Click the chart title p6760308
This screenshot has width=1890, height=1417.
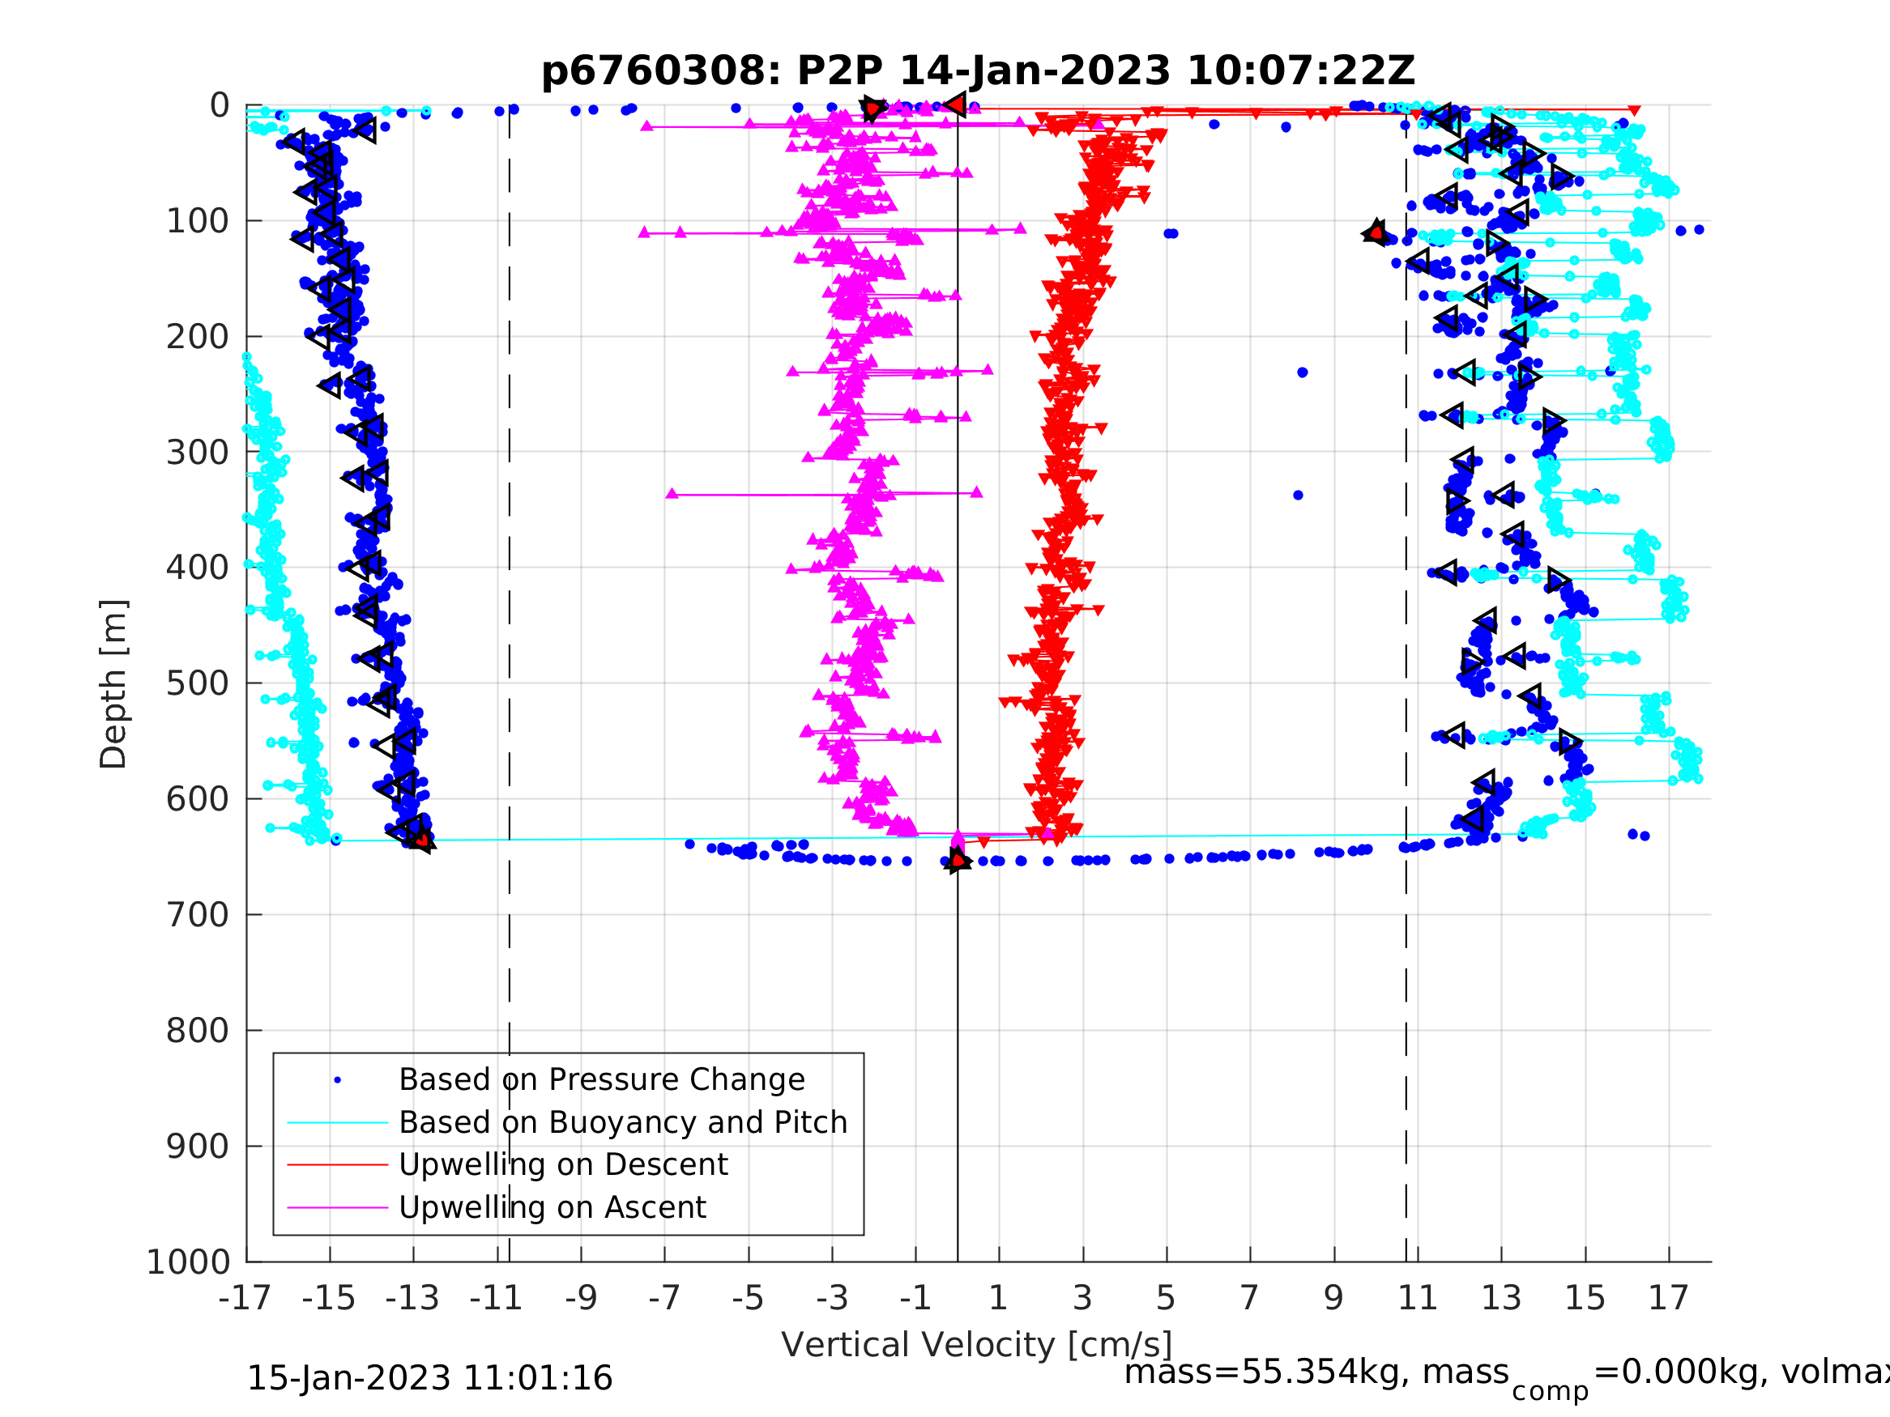pos(978,71)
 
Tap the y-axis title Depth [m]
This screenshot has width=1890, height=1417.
pos(113,683)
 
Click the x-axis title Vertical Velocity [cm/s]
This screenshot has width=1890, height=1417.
pos(977,1344)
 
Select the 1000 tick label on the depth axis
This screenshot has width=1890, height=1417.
pos(188,1262)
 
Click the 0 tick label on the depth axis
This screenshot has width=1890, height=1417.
pos(220,106)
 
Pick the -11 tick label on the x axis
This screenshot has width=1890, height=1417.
pos(497,1298)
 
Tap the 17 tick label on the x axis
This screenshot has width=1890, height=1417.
pos(1669,1298)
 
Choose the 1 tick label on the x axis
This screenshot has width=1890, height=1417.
pos(998,1298)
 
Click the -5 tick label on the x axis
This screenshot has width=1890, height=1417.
pos(748,1298)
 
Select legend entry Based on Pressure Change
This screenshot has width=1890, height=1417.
pos(602,1079)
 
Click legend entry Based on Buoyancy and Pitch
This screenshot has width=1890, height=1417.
pos(623,1122)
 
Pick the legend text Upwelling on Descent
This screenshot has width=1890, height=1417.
pos(563,1164)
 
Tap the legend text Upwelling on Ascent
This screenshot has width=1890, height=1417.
pos(552,1207)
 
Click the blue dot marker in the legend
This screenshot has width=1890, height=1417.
pos(338,1080)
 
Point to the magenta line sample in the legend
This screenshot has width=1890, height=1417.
pos(338,1208)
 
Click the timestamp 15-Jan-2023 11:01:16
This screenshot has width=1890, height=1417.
pos(429,1379)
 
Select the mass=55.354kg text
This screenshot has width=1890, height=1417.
pos(1316,1372)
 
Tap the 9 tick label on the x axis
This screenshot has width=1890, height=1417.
pos(1333,1298)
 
